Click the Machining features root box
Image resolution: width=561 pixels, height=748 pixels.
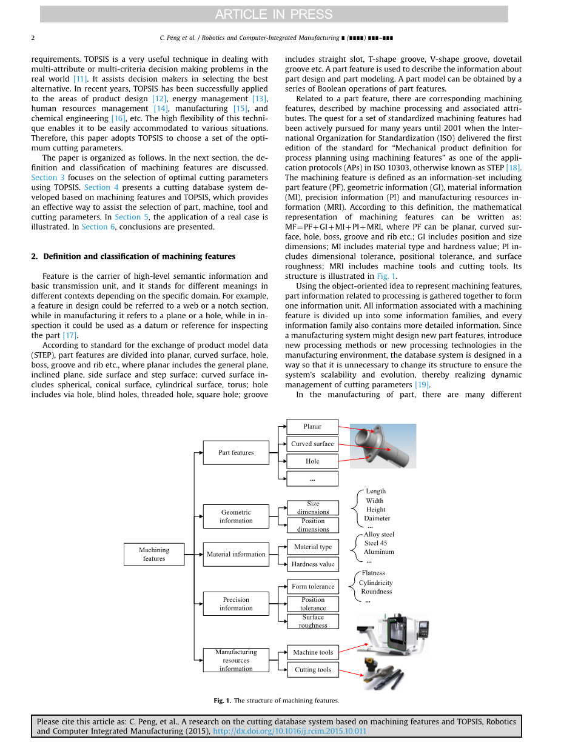point(153,554)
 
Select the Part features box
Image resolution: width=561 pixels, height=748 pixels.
point(236,452)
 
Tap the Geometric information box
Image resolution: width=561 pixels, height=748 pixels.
point(236,516)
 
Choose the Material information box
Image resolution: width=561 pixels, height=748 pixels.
point(236,554)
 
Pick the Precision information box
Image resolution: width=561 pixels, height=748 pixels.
point(236,604)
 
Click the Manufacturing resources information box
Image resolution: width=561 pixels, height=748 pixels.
point(236,660)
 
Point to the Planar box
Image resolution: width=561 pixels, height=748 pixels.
point(312,426)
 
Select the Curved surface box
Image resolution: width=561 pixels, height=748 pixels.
point(312,444)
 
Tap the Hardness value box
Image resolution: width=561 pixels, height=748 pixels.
point(312,564)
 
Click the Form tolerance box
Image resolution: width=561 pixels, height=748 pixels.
point(312,586)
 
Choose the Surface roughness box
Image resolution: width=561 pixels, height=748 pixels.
point(312,621)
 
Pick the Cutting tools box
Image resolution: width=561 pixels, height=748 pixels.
point(312,669)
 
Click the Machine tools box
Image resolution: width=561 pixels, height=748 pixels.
point(312,652)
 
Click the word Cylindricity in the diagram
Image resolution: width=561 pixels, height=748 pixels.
point(375,583)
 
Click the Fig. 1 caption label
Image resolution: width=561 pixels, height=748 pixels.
point(222,701)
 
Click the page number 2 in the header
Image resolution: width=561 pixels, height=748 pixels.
point(33,38)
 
